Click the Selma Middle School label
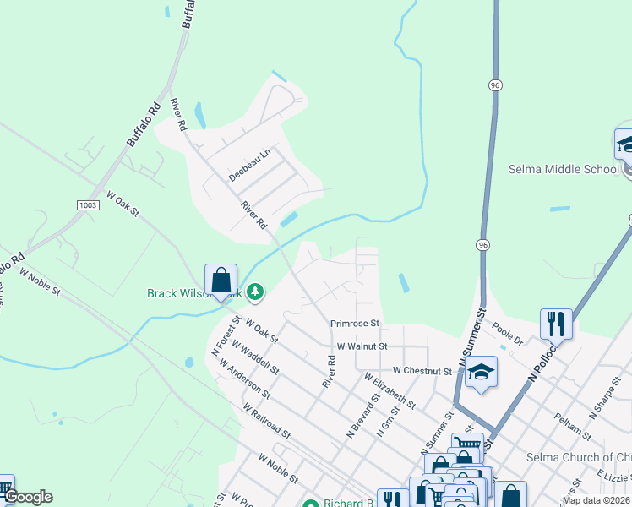click(564, 169)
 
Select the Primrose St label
click(356, 323)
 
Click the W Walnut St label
click(362, 346)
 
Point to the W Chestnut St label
click(422, 371)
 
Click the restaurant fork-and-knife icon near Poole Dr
click(556, 322)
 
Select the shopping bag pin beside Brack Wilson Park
click(221, 280)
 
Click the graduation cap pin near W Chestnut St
click(481, 372)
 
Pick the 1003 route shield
click(88, 205)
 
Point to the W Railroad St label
click(266, 421)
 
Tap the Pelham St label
click(572, 425)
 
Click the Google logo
click(27, 497)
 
